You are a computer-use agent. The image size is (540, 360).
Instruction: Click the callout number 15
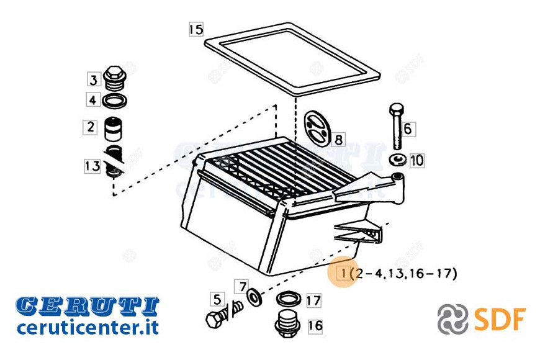click(196, 29)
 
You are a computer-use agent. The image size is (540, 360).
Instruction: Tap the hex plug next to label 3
click(115, 78)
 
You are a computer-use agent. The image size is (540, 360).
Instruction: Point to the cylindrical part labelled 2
click(114, 129)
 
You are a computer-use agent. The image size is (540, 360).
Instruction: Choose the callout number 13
click(92, 166)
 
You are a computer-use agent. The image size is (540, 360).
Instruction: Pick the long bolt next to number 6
click(397, 126)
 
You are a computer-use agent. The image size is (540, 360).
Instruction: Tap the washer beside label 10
click(398, 160)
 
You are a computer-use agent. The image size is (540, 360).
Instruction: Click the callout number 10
click(416, 160)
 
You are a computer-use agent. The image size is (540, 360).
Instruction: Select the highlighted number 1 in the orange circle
click(343, 273)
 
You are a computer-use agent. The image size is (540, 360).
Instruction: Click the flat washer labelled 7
click(254, 297)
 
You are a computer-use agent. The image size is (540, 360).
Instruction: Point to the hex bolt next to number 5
click(224, 313)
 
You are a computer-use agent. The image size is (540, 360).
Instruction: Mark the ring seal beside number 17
click(289, 299)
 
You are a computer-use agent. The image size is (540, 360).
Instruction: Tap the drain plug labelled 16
click(287, 324)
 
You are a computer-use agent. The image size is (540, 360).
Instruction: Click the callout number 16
click(315, 325)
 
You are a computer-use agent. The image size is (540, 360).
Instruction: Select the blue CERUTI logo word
click(87, 306)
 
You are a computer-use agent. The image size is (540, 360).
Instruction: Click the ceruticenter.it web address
click(88, 326)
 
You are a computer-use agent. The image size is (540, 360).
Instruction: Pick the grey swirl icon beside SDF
click(453, 319)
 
